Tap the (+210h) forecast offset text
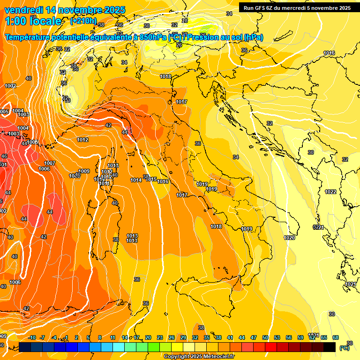[83, 21]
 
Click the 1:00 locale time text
[33, 21]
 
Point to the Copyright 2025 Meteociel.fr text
[199, 357]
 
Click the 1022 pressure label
[330, 192]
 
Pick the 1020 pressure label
[289, 238]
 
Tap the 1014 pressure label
[136, 180]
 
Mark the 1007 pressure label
[50, 163]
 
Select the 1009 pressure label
[84, 171]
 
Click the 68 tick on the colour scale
[336, 337]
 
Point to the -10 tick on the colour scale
[32, 337]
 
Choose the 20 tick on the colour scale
[148, 337]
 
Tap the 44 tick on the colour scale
[242, 337]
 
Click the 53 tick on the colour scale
[277, 337]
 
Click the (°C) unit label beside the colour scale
[345, 348]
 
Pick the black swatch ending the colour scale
[330, 347]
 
